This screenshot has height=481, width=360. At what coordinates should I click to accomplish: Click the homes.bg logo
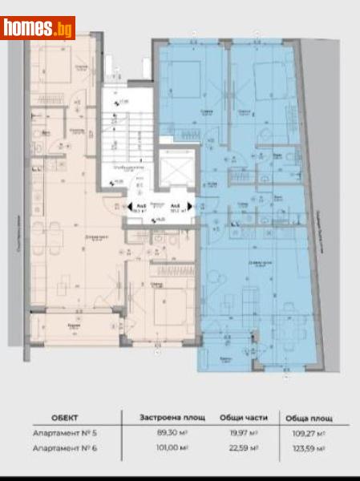38,28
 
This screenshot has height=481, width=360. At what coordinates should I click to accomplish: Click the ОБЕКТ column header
65,417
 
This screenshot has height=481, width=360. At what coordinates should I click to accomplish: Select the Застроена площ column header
160,417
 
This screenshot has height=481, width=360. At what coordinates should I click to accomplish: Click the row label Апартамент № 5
70,433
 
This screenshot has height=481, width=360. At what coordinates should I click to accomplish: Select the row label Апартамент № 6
70,447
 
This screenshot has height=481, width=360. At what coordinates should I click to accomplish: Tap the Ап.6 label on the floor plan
174,206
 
